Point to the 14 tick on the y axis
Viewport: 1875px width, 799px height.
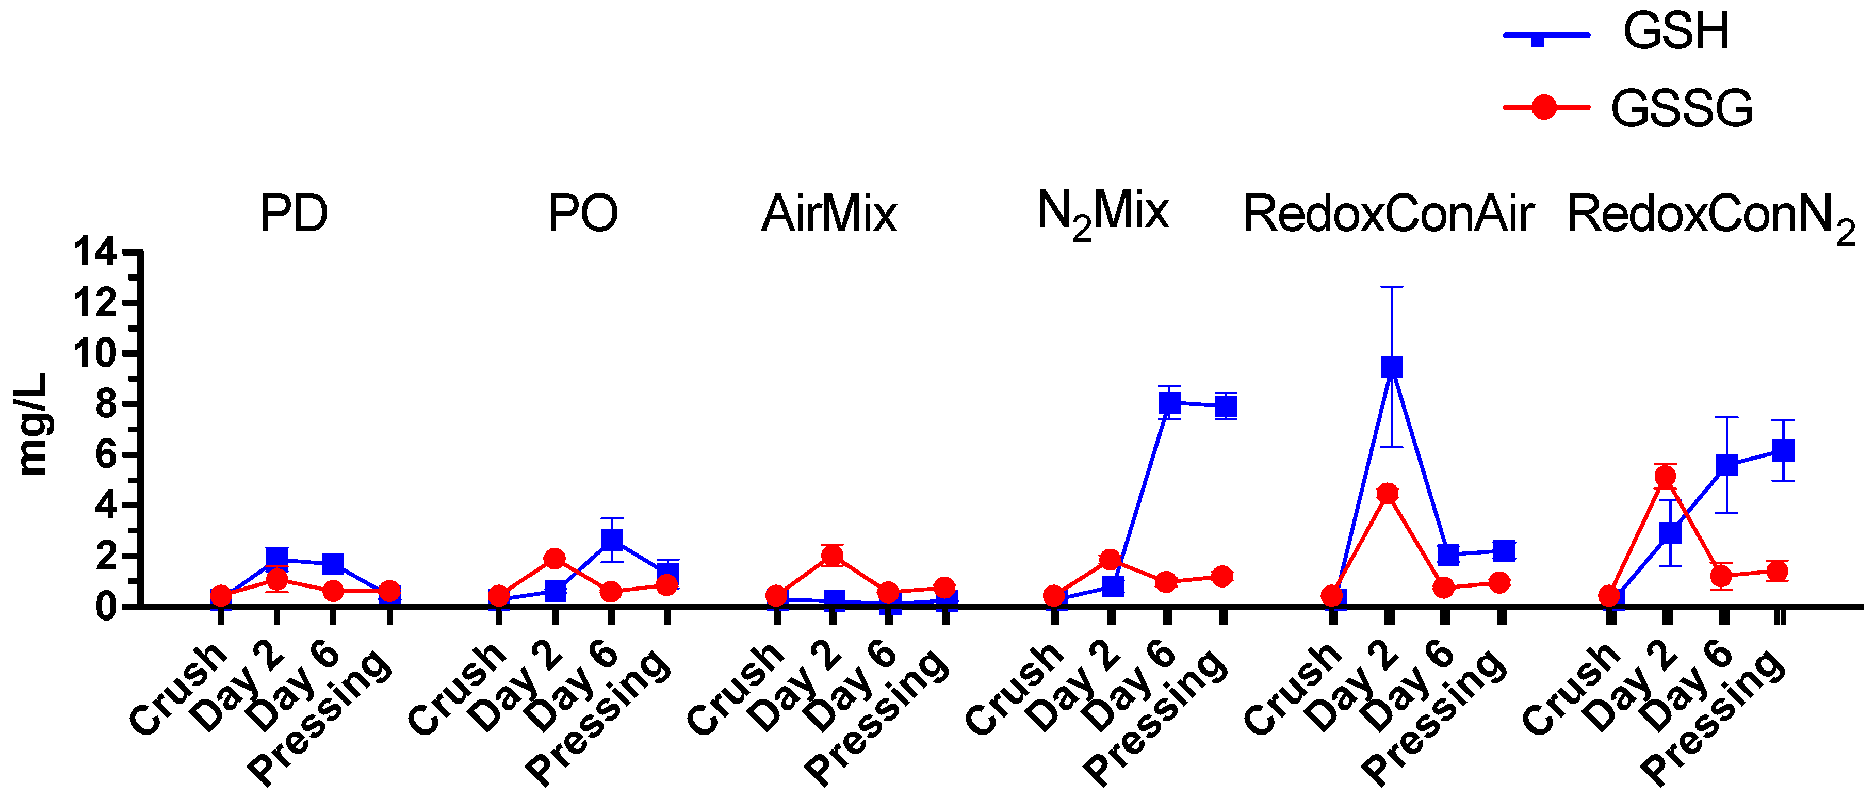94,253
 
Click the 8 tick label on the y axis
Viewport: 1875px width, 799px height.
106,404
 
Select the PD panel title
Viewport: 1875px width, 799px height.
294,214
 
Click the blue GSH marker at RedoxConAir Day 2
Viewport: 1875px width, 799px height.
1391,367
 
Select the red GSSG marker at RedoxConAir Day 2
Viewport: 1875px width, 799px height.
1388,493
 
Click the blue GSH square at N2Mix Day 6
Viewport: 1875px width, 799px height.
1169,402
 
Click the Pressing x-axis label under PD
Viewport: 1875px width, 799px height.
320,717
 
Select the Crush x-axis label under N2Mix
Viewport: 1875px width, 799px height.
1013,688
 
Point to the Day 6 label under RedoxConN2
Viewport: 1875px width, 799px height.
1685,688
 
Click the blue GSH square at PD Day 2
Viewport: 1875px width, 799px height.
276,558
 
